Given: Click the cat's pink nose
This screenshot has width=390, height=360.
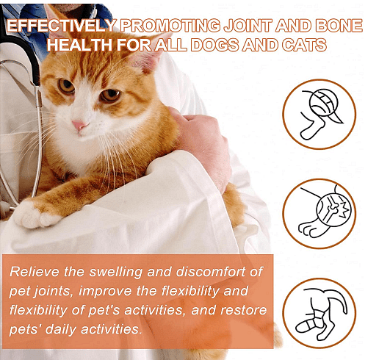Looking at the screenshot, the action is (x=79, y=125).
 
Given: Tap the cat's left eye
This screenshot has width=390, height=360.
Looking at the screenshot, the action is (x=109, y=96).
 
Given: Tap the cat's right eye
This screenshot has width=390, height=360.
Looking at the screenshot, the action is (x=65, y=86).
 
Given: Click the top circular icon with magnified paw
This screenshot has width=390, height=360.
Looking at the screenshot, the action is (x=319, y=114).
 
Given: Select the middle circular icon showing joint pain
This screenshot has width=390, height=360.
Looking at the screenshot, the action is (x=319, y=213).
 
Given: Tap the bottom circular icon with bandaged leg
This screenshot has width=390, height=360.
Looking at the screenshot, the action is (x=319, y=313).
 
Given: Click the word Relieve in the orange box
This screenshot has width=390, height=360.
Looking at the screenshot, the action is (x=35, y=272).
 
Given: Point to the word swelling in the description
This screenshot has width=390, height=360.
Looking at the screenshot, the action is (x=115, y=273).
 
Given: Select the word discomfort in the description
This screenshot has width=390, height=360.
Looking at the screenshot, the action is (x=211, y=272).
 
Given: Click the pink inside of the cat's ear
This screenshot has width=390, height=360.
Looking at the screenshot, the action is (x=147, y=60).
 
